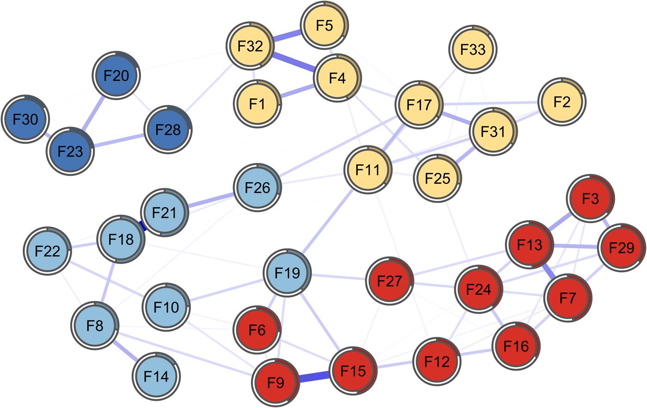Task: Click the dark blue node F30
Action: pyautogui.click(x=25, y=119)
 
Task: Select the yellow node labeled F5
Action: pyautogui.click(x=324, y=25)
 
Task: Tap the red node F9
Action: pyautogui.click(x=275, y=383)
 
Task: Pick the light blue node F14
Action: pyautogui.click(x=156, y=376)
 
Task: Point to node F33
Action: pyautogui.click(x=473, y=49)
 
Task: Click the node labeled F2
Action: pyautogui.click(x=562, y=102)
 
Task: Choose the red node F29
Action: pyautogui.click(x=622, y=247)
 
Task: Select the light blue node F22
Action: pyautogui.click(x=47, y=251)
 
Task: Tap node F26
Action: pyautogui.click(x=257, y=187)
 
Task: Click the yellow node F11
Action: pyautogui.click(x=368, y=170)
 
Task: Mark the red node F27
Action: pyautogui.click(x=389, y=281)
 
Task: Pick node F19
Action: pyautogui.click(x=287, y=273)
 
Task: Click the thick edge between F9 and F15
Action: pyautogui.click(x=314, y=377)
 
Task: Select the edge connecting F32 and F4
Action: pyautogui.click(x=294, y=62)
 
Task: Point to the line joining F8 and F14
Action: pyautogui.click(x=125, y=351)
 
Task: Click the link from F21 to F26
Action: pyautogui.click(x=211, y=200)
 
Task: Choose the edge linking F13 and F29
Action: pyautogui.click(x=575, y=246)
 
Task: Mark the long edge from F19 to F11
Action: pyautogui.click(x=328, y=221)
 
